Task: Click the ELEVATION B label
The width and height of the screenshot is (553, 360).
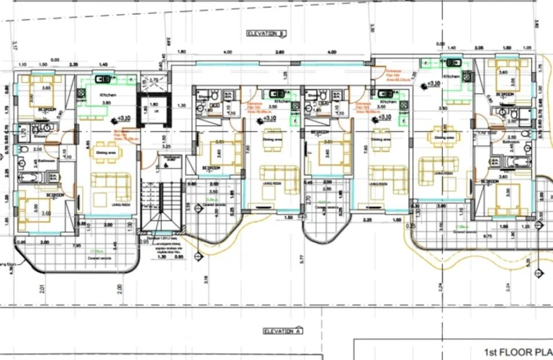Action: pyautogui.click(x=266, y=33)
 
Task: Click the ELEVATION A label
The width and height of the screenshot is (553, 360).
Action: pyautogui.click(x=276, y=331)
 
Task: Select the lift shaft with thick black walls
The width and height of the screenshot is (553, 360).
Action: pyautogui.click(x=152, y=110)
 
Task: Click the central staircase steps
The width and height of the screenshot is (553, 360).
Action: pyautogui.click(x=159, y=205)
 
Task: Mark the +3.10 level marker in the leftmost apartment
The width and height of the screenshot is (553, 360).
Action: pyautogui.click(x=122, y=119)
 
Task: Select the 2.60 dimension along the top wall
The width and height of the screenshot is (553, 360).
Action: pyautogui.click(x=279, y=53)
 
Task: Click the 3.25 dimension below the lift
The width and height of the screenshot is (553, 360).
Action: pyautogui.click(x=166, y=146)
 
